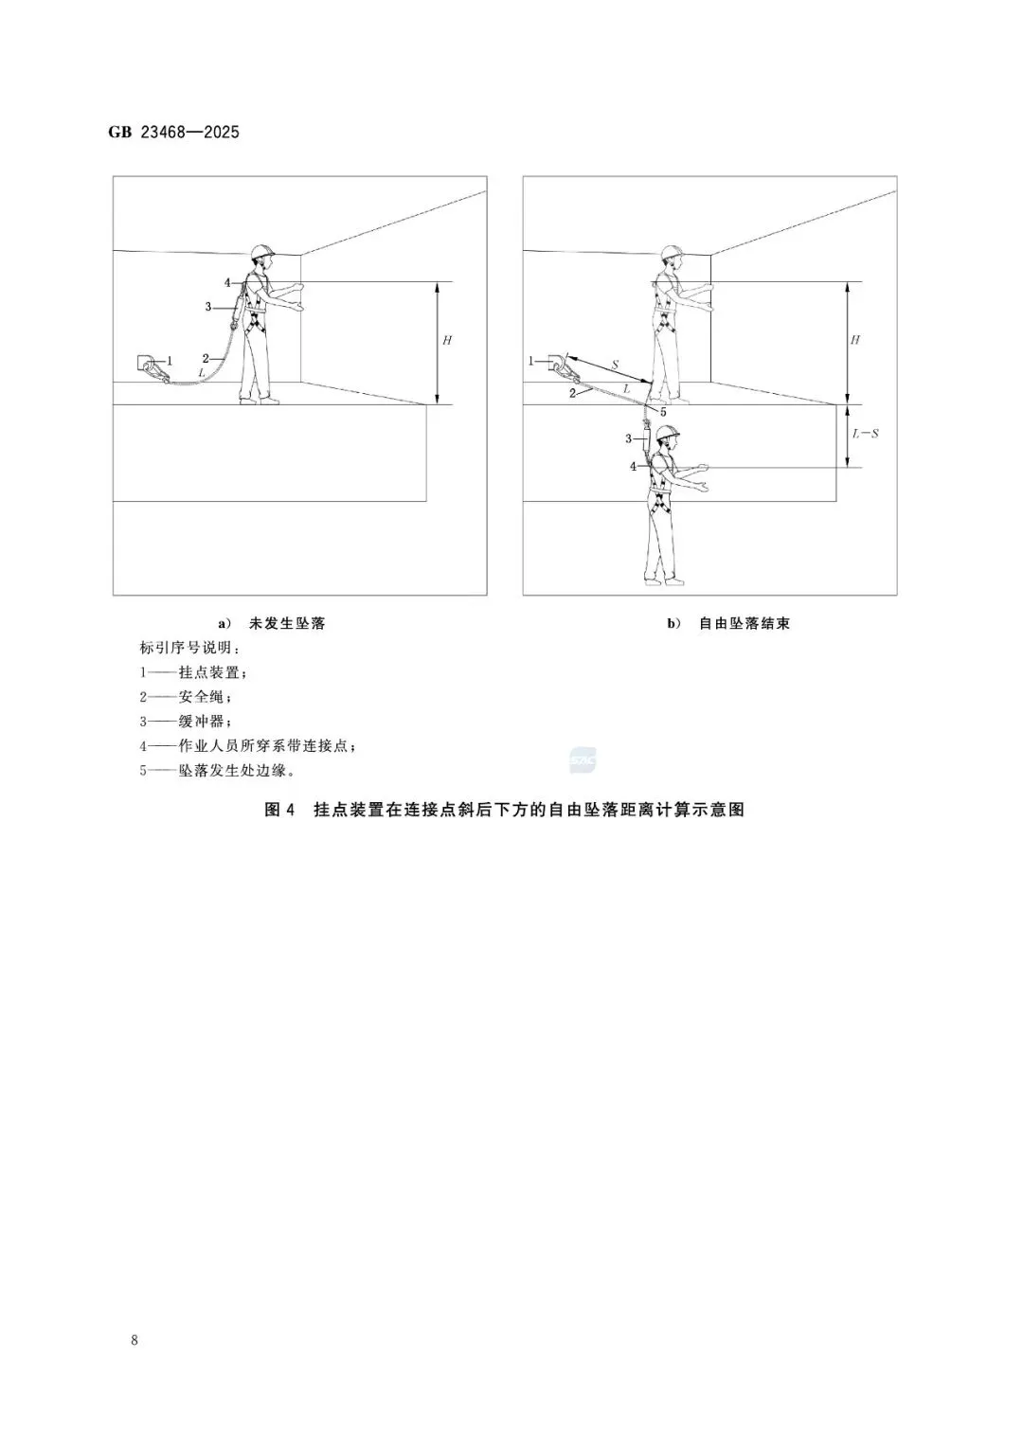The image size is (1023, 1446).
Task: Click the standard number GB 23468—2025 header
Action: coord(173,133)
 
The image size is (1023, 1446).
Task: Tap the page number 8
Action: coord(135,1340)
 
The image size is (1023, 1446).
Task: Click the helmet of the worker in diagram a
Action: coord(262,252)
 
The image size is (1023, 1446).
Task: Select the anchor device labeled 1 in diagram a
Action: coord(150,364)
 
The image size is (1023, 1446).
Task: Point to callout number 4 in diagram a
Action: coord(227,282)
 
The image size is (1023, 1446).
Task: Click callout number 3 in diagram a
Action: coord(208,306)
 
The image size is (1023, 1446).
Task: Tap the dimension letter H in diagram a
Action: coord(447,339)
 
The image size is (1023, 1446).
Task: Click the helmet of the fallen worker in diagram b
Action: coord(668,433)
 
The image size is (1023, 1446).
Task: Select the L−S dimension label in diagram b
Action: coord(866,434)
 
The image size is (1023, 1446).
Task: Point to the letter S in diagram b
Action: coord(614,365)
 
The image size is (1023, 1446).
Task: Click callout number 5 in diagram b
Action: coord(663,412)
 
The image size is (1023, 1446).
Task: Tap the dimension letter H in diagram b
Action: coord(855,339)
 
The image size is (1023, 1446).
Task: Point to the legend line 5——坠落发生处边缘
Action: coord(217,771)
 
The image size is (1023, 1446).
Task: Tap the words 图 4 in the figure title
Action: coord(280,810)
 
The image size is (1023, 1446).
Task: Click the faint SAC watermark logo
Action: coord(582,759)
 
